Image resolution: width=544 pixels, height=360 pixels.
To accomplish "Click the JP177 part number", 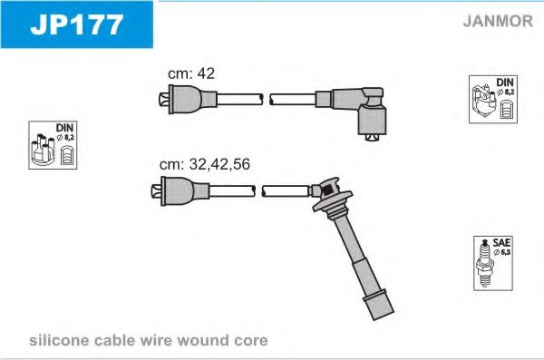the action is tap(77, 24).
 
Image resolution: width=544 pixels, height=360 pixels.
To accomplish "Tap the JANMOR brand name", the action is tap(498, 21).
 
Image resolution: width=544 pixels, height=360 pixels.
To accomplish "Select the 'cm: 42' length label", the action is tap(191, 73).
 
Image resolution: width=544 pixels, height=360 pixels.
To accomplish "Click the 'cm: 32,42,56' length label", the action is tap(204, 164).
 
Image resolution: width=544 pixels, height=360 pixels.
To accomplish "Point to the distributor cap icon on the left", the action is tap(43, 150).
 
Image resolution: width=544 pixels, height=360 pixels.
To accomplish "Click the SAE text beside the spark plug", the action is tap(501, 242).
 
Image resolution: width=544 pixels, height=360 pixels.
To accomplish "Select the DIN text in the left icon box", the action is tap(64, 128).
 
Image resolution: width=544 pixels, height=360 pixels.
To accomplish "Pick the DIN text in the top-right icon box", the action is tap(505, 83).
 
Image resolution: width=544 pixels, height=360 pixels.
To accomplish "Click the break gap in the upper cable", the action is tap(267, 99).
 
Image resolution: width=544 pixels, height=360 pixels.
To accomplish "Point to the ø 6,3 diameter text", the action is tap(501, 252).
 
